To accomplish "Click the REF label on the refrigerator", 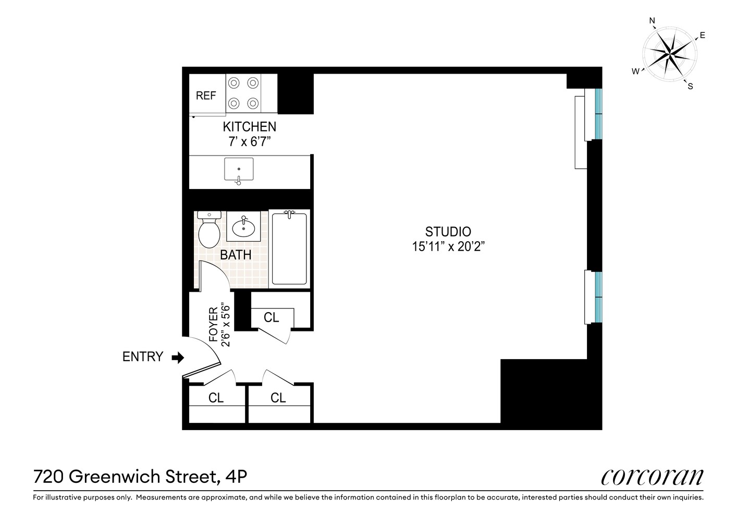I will click(x=206, y=96).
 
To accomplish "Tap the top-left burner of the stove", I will click(x=234, y=82).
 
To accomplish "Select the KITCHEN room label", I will click(x=249, y=127).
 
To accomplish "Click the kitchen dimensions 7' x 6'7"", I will click(x=249, y=142).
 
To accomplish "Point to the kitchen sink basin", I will click(x=239, y=169).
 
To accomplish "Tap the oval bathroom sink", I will click(x=243, y=228).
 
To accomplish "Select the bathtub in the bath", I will click(x=289, y=248).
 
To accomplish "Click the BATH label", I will click(x=236, y=255).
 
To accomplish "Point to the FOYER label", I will click(x=214, y=324).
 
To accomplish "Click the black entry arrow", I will click(x=178, y=358).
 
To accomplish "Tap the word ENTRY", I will click(x=143, y=357).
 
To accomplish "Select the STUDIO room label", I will click(x=448, y=232).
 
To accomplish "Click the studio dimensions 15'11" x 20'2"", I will click(x=448, y=247).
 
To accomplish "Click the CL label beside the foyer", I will click(x=272, y=317).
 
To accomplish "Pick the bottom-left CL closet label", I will click(x=216, y=398).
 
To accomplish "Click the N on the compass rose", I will click(x=652, y=21).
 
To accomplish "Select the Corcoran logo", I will click(x=652, y=477).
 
